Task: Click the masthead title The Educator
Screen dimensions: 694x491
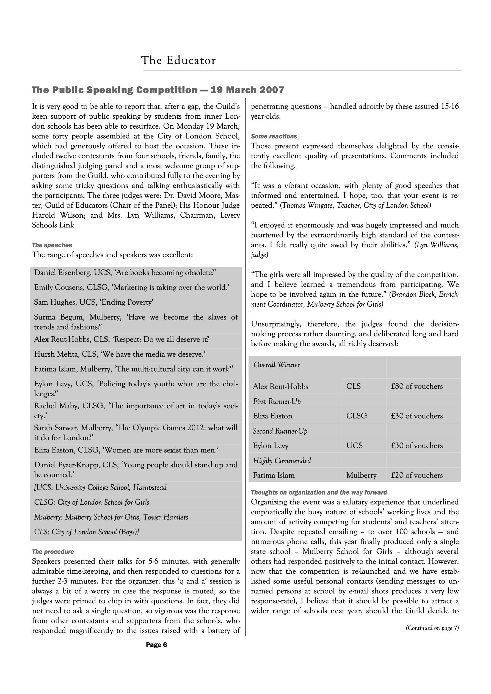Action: pyautogui.click(x=178, y=60)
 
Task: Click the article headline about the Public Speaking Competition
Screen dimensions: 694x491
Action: pyautogui.click(x=158, y=90)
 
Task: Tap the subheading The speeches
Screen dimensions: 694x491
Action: pyautogui.click(x=52, y=245)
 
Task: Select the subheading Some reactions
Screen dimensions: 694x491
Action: pyautogui.click(x=274, y=136)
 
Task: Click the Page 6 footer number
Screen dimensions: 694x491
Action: pyautogui.click(x=156, y=645)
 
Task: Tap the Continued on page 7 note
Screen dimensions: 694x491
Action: pyautogui.click(x=432, y=628)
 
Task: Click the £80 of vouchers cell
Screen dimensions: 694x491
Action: pyautogui.click(x=416, y=386)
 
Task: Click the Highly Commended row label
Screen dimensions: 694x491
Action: pyautogui.click(x=282, y=461)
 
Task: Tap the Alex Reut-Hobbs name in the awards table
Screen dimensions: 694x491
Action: pyautogui.click(x=280, y=386)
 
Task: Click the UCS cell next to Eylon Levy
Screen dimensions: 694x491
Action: pyautogui.click(x=354, y=446)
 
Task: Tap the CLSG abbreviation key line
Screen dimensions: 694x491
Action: pyautogui.click(x=91, y=502)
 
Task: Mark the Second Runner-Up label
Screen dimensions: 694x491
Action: pyautogui.click(x=280, y=431)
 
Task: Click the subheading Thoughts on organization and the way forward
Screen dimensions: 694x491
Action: pyautogui.click(x=319, y=492)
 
